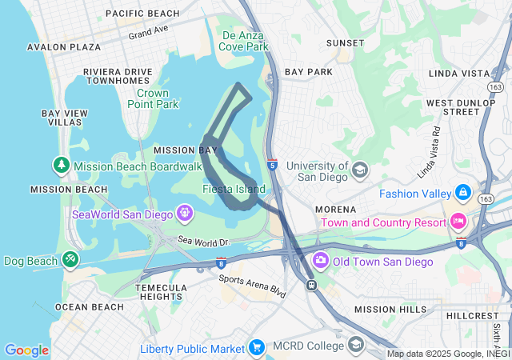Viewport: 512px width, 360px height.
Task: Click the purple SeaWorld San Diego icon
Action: [x=186, y=213]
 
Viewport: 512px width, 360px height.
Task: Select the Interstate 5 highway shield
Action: [x=273, y=162]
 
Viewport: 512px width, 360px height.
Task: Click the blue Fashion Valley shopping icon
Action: [x=462, y=193]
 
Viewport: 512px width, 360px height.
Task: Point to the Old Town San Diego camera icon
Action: [x=321, y=261]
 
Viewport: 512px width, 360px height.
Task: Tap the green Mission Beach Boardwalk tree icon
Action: [x=62, y=166]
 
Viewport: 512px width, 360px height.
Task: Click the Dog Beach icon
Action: [x=70, y=260]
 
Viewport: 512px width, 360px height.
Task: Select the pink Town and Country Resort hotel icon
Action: [x=458, y=220]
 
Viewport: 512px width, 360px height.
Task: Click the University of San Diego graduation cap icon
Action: [x=360, y=170]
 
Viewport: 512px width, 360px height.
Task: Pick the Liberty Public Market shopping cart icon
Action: [x=257, y=347]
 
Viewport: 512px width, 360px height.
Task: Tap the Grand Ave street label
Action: [x=149, y=32]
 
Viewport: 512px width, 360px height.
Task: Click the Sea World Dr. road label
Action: [x=204, y=241]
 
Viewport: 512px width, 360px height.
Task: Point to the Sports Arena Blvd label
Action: [x=252, y=286]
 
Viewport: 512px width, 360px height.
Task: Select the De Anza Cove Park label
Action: [x=245, y=41]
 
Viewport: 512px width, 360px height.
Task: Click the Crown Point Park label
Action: [x=153, y=98]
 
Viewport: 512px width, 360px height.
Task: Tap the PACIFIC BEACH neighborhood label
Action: [x=142, y=14]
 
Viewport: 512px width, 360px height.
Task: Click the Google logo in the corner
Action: [x=26, y=350]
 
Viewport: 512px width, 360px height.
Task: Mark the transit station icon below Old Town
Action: [x=311, y=285]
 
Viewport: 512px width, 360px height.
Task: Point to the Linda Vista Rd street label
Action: [x=429, y=152]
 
